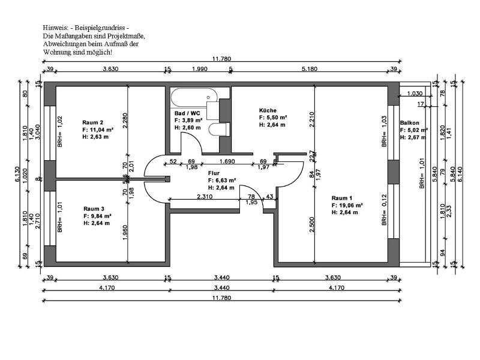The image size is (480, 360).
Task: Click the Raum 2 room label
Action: point(92,122)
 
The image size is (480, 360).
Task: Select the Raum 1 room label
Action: point(341,197)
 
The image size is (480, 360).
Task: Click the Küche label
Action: point(268,110)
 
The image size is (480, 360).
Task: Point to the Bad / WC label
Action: point(187,113)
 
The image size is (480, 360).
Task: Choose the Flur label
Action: point(214,172)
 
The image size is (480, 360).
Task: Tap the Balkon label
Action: point(409,122)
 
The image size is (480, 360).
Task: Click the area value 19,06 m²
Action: point(348,205)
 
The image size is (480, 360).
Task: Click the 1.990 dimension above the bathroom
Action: point(199,70)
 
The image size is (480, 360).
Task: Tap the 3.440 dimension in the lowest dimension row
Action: point(222,287)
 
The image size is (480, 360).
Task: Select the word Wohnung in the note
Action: point(56,52)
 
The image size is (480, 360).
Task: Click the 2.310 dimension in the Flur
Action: point(206,196)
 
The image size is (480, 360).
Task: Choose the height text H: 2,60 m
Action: point(187,127)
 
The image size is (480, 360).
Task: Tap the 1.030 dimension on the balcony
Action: point(415,94)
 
